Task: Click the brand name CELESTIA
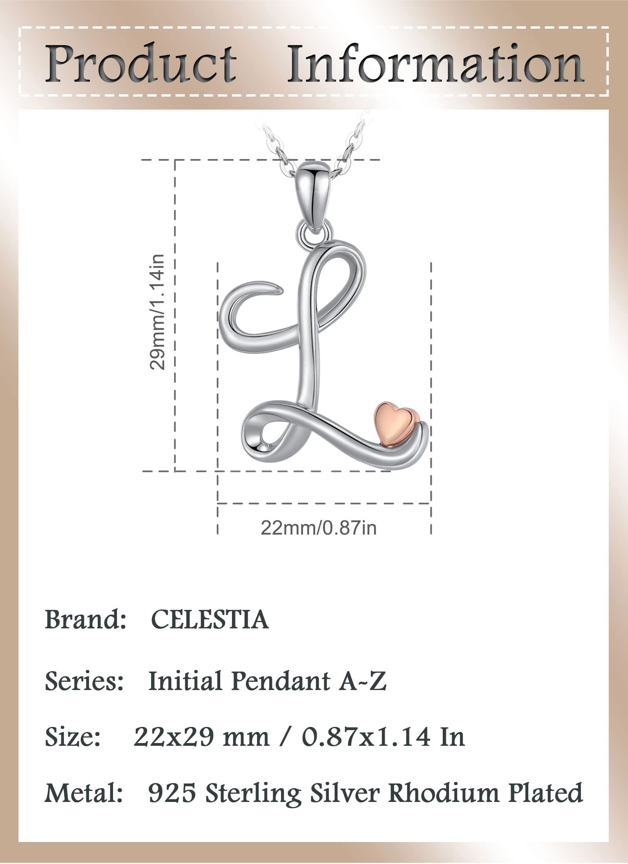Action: click(210, 620)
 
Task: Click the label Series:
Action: click(84, 681)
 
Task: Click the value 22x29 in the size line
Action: click(173, 737)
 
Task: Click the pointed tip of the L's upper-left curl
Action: click(279, 290)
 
